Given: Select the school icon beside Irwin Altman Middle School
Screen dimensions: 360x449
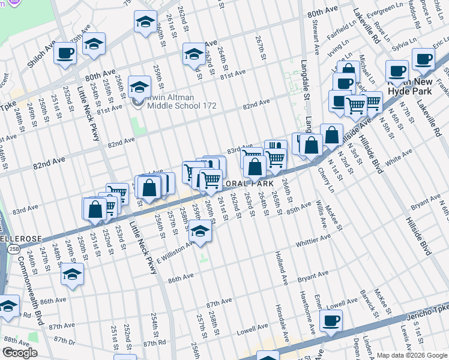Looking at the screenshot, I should tap(139, 88).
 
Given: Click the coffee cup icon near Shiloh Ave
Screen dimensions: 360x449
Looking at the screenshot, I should tap(65, 53).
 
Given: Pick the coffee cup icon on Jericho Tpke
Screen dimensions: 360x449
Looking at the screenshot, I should tap(330, 320).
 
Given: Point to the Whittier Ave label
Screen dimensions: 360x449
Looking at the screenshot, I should tap(314, 241).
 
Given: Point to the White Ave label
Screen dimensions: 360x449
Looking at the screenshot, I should tap(400, 159).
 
